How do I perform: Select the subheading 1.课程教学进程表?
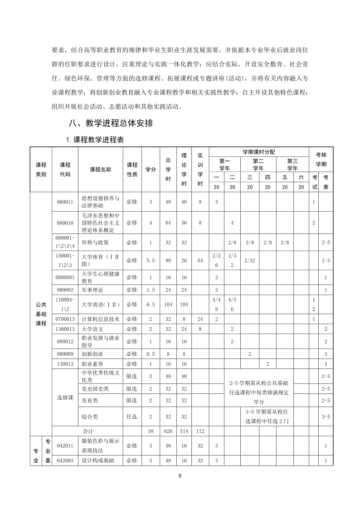(x=95, y=140)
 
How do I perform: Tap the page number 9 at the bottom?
(x=180, y=475)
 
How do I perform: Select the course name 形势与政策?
(x=95, y=242)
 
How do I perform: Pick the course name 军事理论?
(x=92, y=289)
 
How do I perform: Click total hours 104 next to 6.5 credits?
(x=168, y=304)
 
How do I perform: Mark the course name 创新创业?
(x=92, y=353)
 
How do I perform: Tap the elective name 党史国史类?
(x=95, y=388)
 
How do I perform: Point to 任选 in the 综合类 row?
(x=132, y=416)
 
